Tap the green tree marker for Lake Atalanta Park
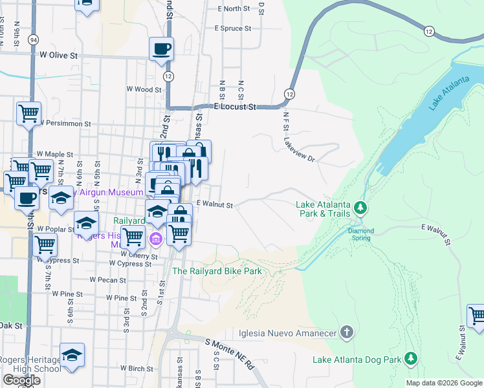tap(361, 208)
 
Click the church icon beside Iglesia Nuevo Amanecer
tap(347, 333)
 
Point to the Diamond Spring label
tap(361, 234)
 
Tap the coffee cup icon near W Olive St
tap(161, 48)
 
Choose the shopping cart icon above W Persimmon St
tap(28, 114)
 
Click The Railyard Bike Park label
tap(217, 271)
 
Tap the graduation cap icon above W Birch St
tap(72, 355)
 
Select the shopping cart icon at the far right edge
tap(478, 317)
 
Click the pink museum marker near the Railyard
tap(156, 240)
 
